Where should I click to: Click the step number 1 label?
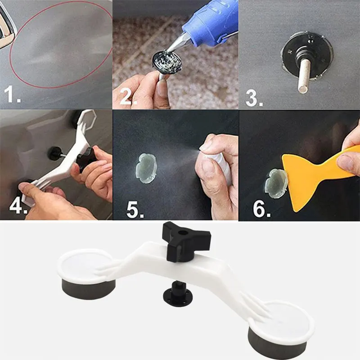click(12, 94)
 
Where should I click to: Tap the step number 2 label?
click(128, 97)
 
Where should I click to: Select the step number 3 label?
click(254, 98)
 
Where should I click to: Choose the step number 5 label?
click(135, 210)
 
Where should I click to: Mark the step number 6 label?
click(261, 209)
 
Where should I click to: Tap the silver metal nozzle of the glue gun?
click(177, 43)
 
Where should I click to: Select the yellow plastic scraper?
click(317, 174)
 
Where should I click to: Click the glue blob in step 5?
click(146, 168)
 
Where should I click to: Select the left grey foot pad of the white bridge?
click(89, 288)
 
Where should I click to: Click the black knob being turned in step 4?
click(86, 159)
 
